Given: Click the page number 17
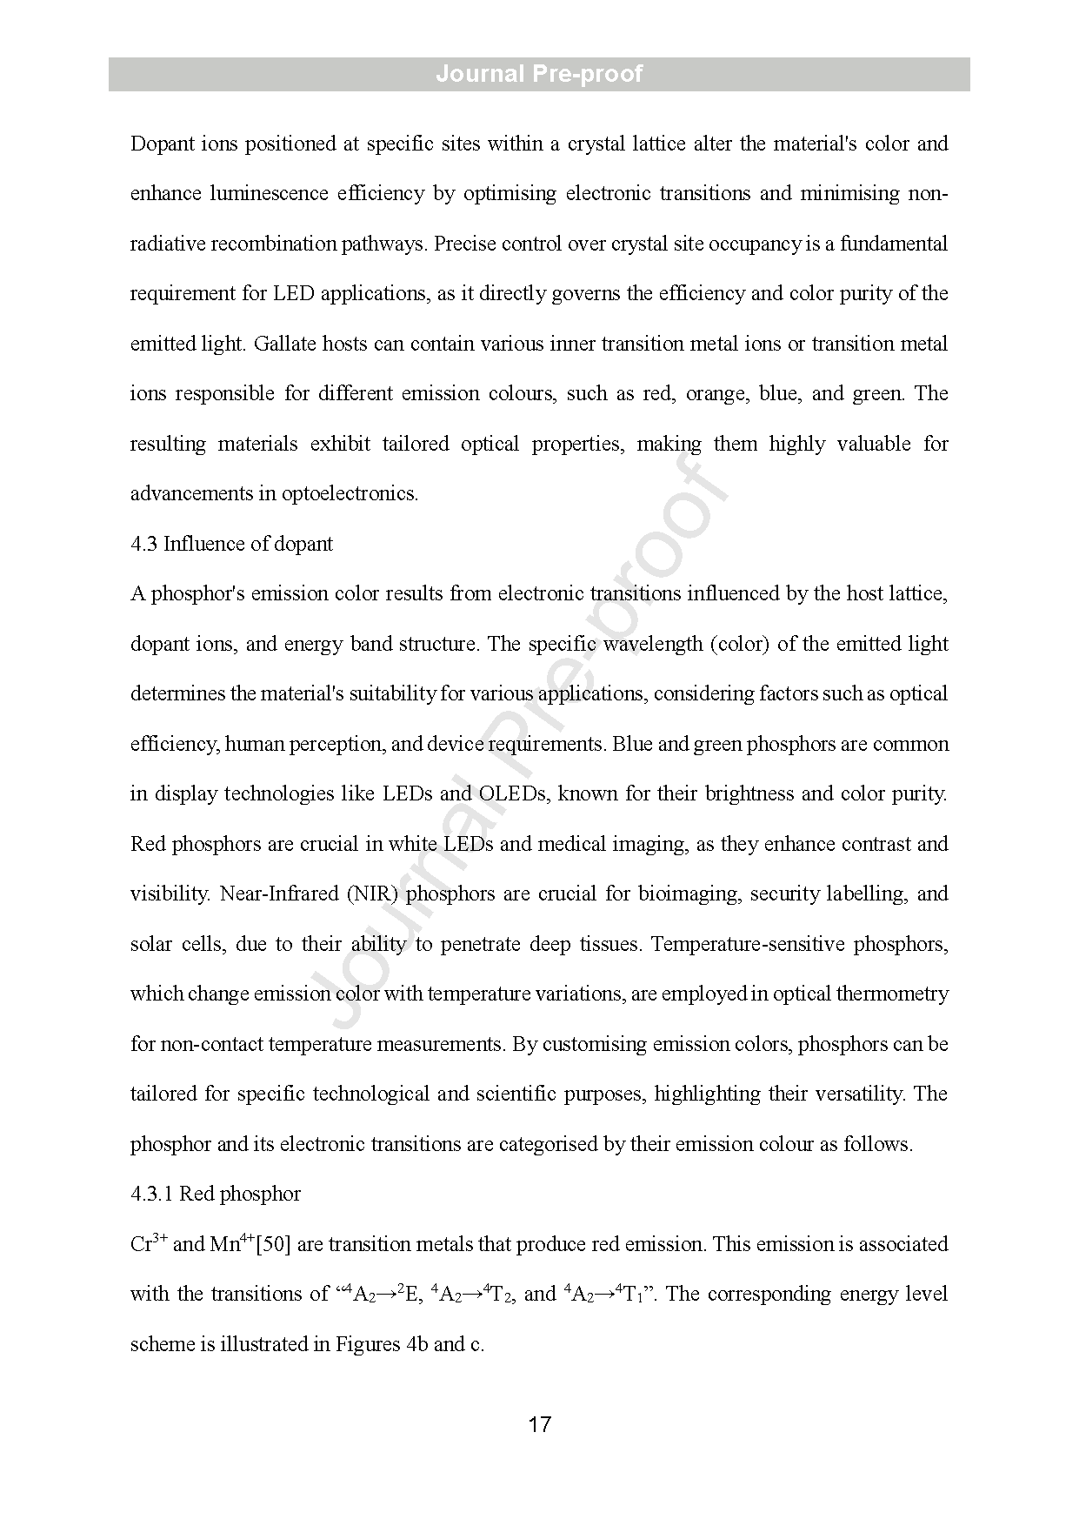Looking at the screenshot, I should (x=539, y=1424).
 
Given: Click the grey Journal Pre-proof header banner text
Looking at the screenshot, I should (x=539, y=74).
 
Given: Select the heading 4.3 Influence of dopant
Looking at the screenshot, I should (x=231, y=544).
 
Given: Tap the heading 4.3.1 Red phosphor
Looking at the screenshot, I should (x=216, y=1194).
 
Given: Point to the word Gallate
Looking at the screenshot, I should (x=284, y=344).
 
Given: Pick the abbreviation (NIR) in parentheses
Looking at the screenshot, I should (x=373, y=894).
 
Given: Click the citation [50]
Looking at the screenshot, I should (x=274, y=1244).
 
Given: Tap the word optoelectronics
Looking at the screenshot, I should (x=350, y=494).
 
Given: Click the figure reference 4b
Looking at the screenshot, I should (x=416, y=1344).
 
